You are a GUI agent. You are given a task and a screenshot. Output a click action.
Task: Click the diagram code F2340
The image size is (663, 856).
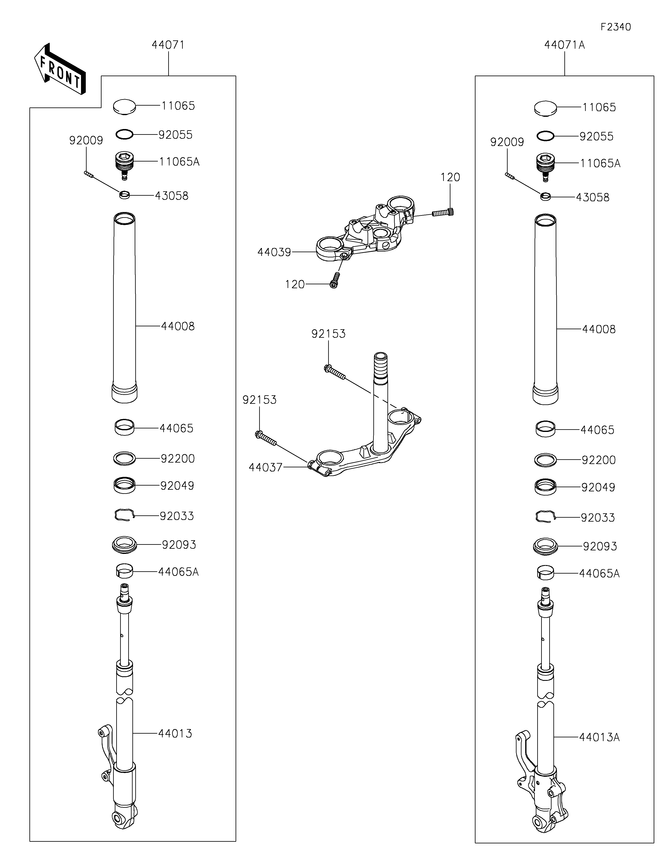point(616,27)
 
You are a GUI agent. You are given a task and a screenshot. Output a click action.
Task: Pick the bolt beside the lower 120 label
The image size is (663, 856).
point(334,280)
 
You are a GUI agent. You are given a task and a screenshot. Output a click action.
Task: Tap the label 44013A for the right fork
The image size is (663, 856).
point(599,738)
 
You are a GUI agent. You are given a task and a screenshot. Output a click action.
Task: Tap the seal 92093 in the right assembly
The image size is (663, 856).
point(545,546)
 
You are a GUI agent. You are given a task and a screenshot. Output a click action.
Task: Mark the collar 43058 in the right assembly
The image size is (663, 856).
point(545,196)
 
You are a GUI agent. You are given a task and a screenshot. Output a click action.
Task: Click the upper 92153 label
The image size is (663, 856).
point(329,334)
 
